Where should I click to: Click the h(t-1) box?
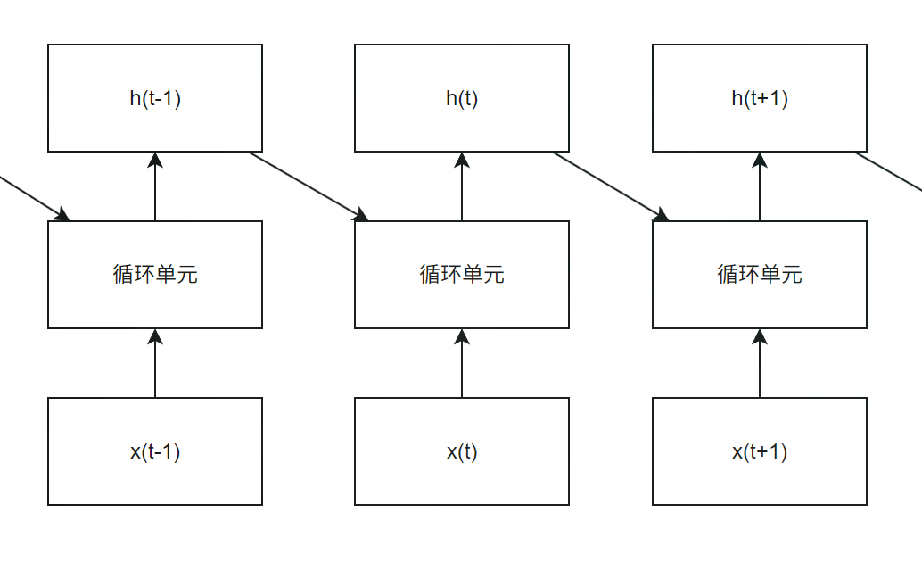coord(155,98)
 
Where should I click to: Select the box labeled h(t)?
coord(462,98)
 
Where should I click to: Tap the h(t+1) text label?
coord(760,98)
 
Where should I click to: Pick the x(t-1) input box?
coord(155,451)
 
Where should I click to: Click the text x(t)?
coord(462,452)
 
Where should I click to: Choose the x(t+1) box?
coord(760,451)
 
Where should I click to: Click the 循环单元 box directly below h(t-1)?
coord(155,275)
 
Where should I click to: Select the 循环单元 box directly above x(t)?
coord(462,275)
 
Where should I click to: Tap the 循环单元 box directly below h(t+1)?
coord(760,275)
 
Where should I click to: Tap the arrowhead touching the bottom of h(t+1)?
coord(760,160)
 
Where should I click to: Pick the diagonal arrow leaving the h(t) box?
coord(610,185)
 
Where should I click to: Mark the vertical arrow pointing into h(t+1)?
coord(760,192)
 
